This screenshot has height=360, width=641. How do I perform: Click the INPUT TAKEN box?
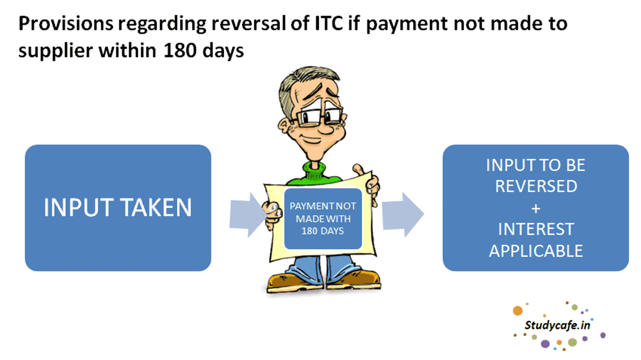(x=118, y=208)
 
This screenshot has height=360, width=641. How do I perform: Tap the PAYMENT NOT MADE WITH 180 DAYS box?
(x=323, y=218)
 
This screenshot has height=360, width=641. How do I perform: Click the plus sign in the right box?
(x=535, y=208)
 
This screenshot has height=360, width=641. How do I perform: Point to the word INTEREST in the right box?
(x=535, y=229)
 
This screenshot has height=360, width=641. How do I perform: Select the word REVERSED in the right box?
(x=535, y=186)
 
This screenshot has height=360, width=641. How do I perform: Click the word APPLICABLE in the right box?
(x=535, y=251)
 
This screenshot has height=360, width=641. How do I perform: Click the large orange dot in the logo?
(x=517, y=311)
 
